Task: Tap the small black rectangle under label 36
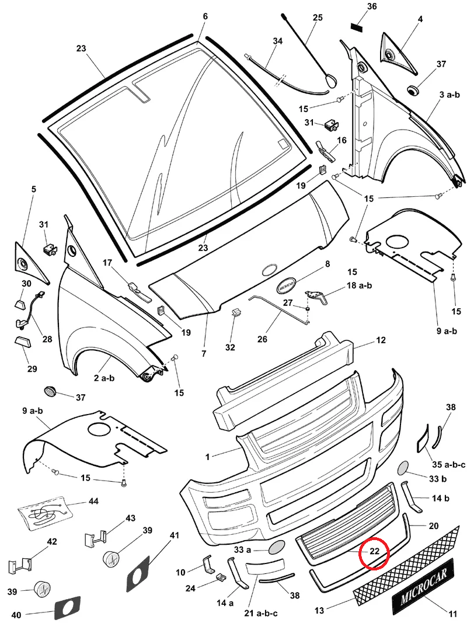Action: click(357, 26)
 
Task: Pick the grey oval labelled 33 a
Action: click(276, 547)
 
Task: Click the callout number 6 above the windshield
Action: click(205, 16)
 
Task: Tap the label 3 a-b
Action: click(450, 95)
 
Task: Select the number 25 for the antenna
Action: click(318, 18)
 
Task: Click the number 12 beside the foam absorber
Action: click(381, 340)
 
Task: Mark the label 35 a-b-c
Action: click(448, 465)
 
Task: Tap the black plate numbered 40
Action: click(67, 607)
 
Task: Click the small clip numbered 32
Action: click(236, 312)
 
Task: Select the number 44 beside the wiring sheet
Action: click(93, 502)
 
